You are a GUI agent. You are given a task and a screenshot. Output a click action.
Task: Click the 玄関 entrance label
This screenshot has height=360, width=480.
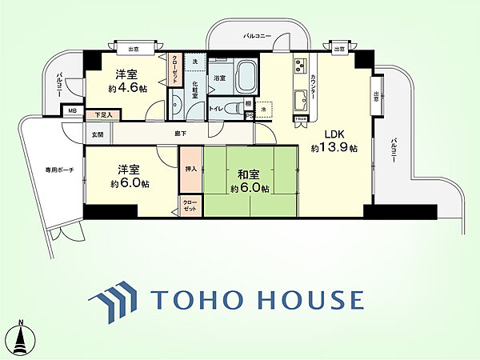coord(98,134)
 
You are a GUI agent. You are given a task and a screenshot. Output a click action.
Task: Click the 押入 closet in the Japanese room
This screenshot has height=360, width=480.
coord(190,169)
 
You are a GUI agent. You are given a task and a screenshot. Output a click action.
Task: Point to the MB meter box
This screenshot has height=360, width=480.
coord(72,110)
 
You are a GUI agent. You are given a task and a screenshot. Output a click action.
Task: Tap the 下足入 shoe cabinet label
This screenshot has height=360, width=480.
coord(102,115)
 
